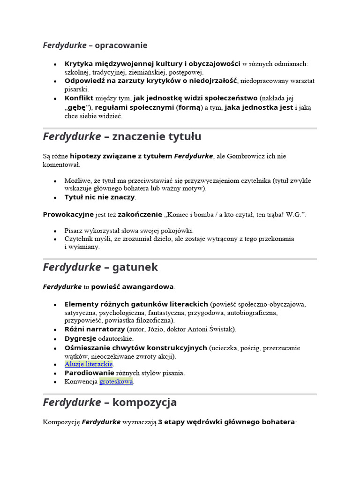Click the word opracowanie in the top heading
coord(121,45)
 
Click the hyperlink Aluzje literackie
coord(89,364)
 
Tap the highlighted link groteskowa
coord(116,382)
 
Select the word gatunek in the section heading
coord(135,267)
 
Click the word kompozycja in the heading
coord(144,402)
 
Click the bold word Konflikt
coord(79,98)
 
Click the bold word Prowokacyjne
coord(67,215)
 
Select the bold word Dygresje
coord(80,338)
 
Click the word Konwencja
coord(81,382)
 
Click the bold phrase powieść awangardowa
coord(132,286)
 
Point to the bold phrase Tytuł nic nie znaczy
coord(99,197)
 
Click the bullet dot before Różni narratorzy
coord(55,330)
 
